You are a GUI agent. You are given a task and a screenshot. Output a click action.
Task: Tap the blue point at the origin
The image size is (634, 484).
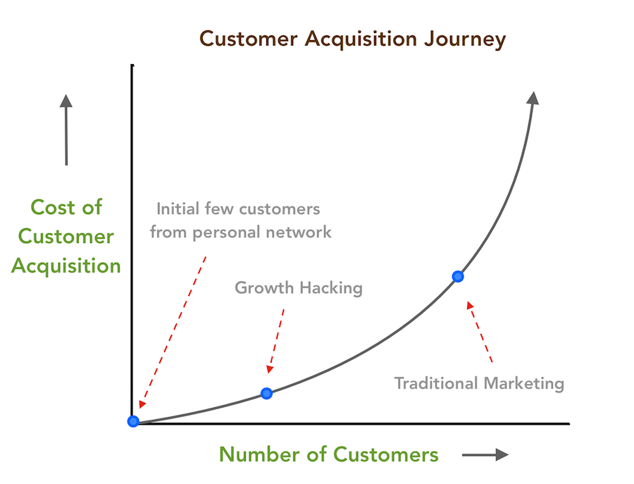pos(133,421)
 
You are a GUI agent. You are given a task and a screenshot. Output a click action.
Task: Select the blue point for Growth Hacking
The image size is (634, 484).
pos(266,393)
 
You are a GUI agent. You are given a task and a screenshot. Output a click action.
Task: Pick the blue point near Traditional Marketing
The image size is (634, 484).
pos(458,276)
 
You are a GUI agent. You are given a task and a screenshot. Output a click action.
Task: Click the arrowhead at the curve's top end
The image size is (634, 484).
pos(533,98)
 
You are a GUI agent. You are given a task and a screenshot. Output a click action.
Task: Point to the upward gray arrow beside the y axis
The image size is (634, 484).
pos(66,130)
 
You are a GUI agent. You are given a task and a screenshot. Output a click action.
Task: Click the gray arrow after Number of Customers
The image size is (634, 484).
pos(485,455)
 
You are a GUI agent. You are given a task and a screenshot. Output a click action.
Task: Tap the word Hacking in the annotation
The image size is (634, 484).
pos(330,287)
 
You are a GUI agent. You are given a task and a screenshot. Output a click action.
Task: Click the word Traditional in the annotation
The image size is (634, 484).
pos(433,383)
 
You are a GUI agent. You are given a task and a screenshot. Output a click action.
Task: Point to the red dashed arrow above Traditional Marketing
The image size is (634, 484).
pos(480,331)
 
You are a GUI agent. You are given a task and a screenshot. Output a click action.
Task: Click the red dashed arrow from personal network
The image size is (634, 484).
pos(173,331)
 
